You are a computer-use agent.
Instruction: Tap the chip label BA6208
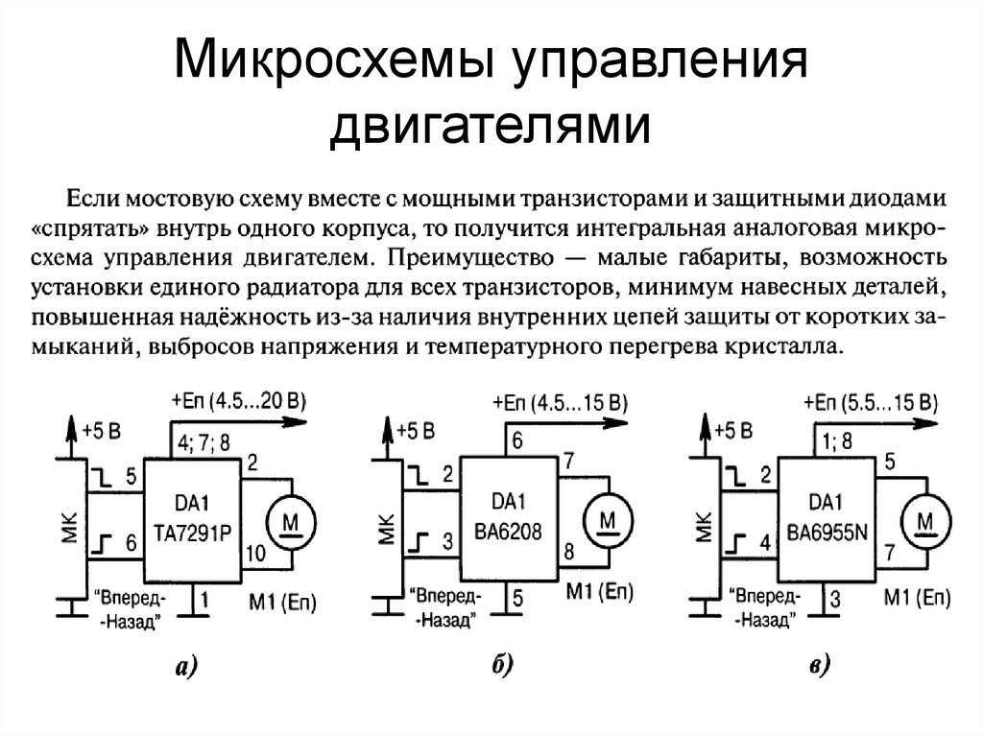tap(509, 528)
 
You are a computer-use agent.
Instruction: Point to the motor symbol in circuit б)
tap(609, 519)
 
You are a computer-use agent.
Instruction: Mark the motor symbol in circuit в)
tap(925, 519)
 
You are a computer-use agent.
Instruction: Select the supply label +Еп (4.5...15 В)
tap(559, 402)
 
